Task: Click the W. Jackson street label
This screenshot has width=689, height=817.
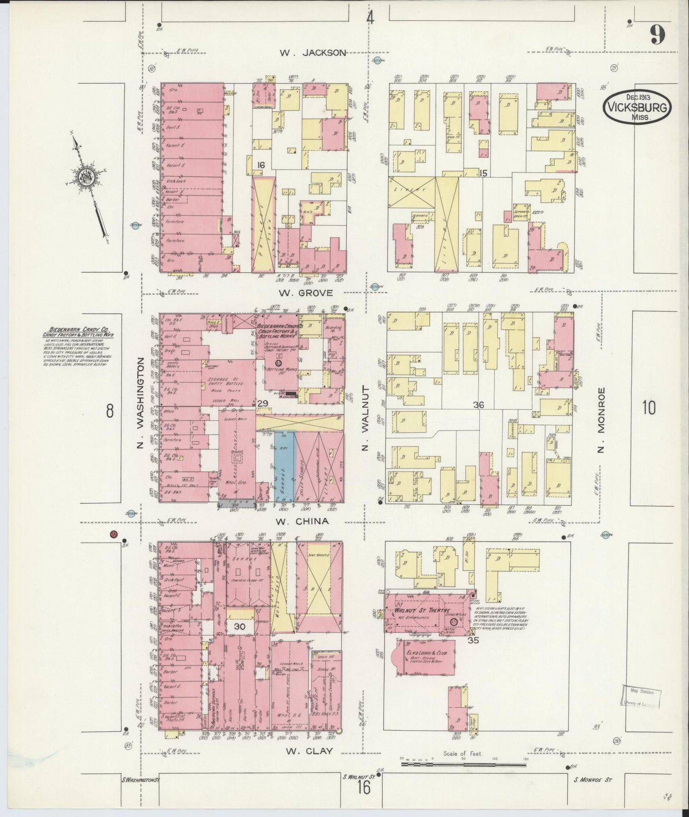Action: tap(312, 53)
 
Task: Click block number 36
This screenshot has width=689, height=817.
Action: tap(478, 405)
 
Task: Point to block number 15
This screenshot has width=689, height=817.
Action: tap(483, 173)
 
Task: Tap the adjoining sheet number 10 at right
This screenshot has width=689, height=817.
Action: tap(648, 408)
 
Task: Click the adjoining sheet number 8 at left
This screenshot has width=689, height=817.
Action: tap(110, 410)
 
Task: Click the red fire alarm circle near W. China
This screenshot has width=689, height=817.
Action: tap(113, 534)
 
